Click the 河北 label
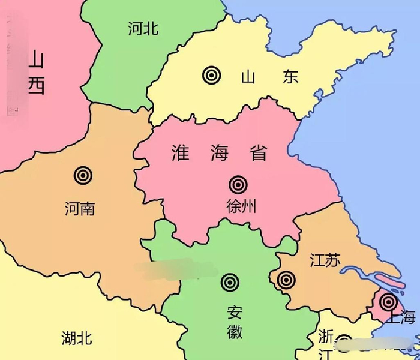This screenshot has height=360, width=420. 143,28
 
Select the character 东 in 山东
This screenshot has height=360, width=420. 291,77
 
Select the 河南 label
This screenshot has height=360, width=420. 80,209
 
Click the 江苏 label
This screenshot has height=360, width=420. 325,260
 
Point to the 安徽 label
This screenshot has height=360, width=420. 235,322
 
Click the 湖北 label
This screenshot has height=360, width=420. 77,338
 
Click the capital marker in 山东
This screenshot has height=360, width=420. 211,75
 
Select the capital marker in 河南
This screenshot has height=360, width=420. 83,175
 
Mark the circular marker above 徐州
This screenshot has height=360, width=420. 238,184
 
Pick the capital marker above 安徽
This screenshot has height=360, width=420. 229,281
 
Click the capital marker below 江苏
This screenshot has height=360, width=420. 286,279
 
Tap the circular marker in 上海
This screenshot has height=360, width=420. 388,302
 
